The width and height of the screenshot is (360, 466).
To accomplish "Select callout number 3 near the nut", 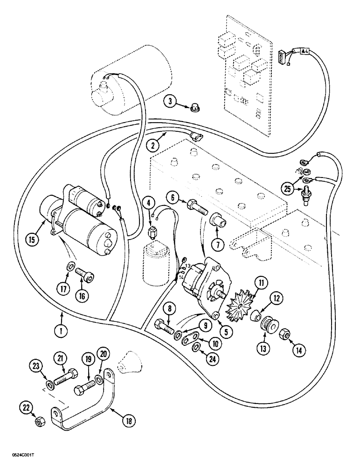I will click(171, 101).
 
